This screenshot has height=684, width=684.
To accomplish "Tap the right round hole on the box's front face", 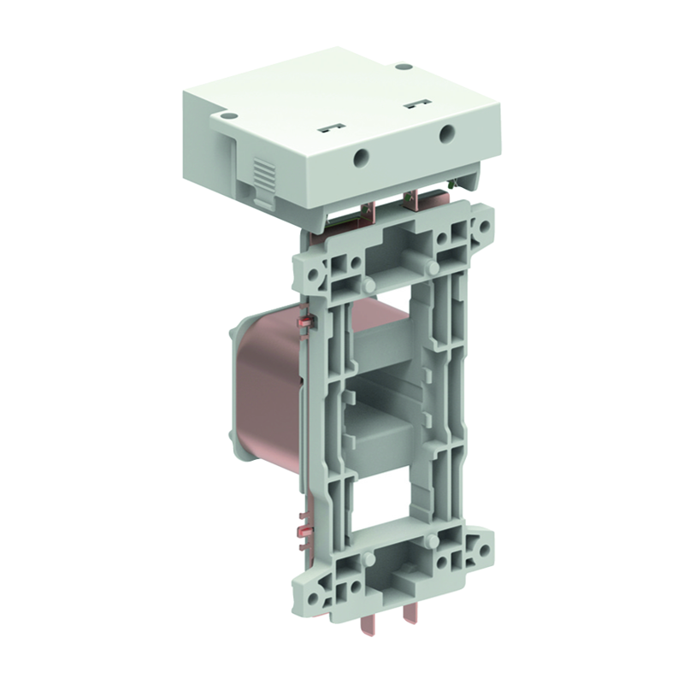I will point(445,133).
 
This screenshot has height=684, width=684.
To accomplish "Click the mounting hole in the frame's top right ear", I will point(485,227).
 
